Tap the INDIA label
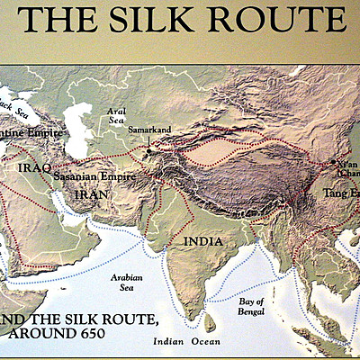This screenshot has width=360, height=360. pyautogui.click(x=203, y=241)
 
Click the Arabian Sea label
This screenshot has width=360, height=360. pyautogui.click(x=125, y=284)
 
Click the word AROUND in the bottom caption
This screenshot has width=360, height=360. pyautogui.click(x=38, y=334)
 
